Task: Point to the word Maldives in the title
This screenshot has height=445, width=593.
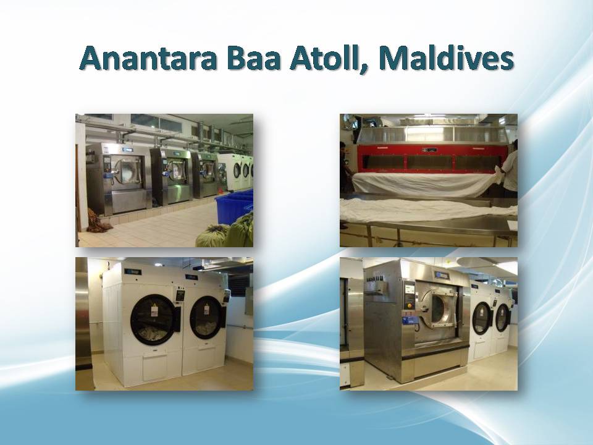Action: (x=446, y=58)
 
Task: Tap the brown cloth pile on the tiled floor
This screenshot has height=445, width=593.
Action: (x=98, y=221)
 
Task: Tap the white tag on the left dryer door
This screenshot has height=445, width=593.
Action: (x=154, y=311)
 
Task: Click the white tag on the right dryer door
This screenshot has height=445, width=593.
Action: (x=206, y=310)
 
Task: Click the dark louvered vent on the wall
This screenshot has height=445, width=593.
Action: (x=237, y=286)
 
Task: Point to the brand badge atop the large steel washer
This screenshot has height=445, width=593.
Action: (x=442, y=274)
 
